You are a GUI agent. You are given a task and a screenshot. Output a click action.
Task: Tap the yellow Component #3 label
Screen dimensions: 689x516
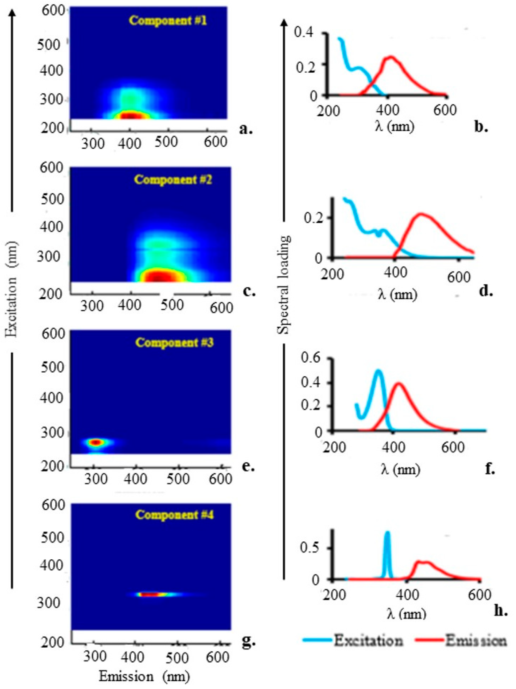click(174, 343)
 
